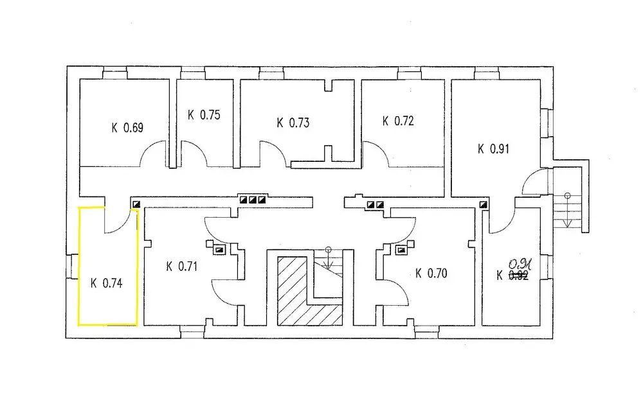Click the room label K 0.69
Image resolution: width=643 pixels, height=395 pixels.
(127, 127)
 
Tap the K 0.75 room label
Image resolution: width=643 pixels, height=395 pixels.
(204, 115)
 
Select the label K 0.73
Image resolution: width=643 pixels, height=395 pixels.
(293, 123)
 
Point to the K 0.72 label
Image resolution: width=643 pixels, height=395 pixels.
(397, 120)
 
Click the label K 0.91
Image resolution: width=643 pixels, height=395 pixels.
(493, 149)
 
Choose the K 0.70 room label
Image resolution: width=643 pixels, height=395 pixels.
(431, 273)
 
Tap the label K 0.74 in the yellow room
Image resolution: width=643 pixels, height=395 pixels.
(106, 281)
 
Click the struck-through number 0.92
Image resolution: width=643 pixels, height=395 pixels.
(518, 276)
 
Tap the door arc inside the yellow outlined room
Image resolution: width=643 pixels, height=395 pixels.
(118, 222)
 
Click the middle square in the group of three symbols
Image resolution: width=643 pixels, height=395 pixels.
(253, 200)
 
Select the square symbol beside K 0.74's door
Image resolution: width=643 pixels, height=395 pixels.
(136, 204)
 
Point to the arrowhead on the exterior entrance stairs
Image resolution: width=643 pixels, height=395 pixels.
(568, 222)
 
